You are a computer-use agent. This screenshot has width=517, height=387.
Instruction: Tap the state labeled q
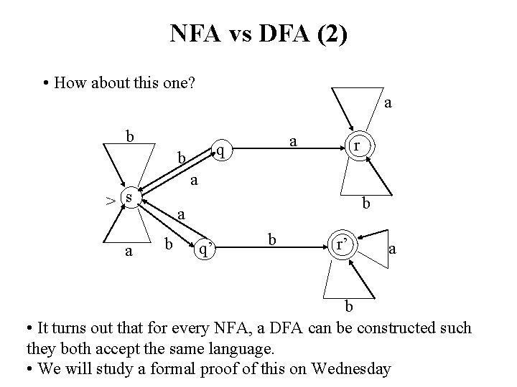(x=223, y=150)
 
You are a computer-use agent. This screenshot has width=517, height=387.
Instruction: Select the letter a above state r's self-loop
(x=388, y=103)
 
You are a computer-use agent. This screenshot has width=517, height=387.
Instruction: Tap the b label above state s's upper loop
(x=129, y=135)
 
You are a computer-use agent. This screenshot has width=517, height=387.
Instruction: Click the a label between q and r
(x=292, y=143)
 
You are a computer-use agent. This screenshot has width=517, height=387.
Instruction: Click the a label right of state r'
(x=392, y=249)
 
